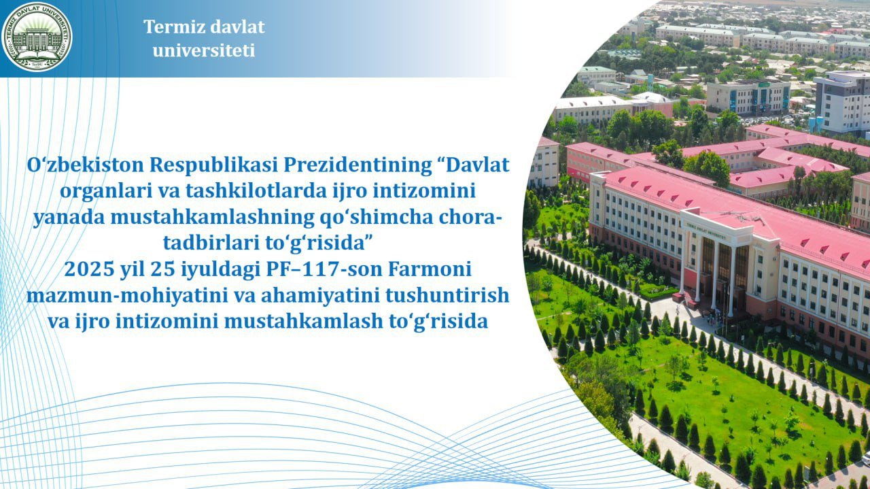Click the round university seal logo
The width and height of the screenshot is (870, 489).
[x=37, y=37]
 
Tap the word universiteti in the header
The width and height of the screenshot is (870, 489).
[x=204, y=50]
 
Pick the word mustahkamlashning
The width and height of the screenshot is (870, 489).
[x=212, y=217]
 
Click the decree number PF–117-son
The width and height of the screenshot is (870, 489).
[x=324, y=269]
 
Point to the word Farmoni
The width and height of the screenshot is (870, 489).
[x=430, y=269]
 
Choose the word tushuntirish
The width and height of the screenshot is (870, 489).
[x=447, y=295]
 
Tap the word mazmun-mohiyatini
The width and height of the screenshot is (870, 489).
[x=127, y=296]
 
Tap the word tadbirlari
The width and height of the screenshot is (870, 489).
[x=211, y=243]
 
